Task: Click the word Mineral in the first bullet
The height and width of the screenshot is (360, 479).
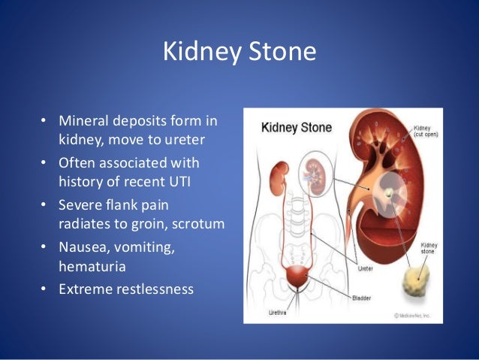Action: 86,121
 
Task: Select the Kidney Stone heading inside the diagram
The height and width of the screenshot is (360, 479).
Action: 295,127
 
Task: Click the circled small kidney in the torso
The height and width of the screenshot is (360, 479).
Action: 314,173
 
